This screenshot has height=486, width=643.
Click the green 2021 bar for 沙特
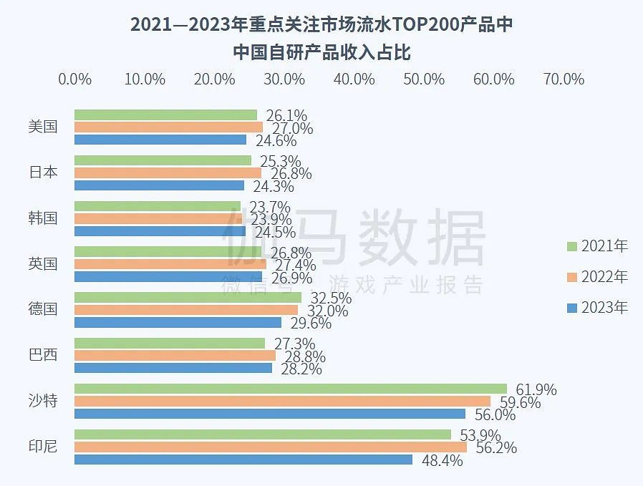290,389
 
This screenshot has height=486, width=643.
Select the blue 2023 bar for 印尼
243,460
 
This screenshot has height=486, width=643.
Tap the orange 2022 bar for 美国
168,127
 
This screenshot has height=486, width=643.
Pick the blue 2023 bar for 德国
178,322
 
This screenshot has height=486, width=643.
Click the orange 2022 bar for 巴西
175,355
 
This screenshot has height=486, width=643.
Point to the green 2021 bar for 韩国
158,206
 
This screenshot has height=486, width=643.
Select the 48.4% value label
442,461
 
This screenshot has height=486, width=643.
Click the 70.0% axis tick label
564,79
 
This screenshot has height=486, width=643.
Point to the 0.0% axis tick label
74,79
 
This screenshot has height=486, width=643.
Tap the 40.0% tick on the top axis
354,79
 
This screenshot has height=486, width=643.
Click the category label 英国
43,263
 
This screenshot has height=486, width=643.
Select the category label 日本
43,172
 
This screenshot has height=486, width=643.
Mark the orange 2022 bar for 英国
170,264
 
